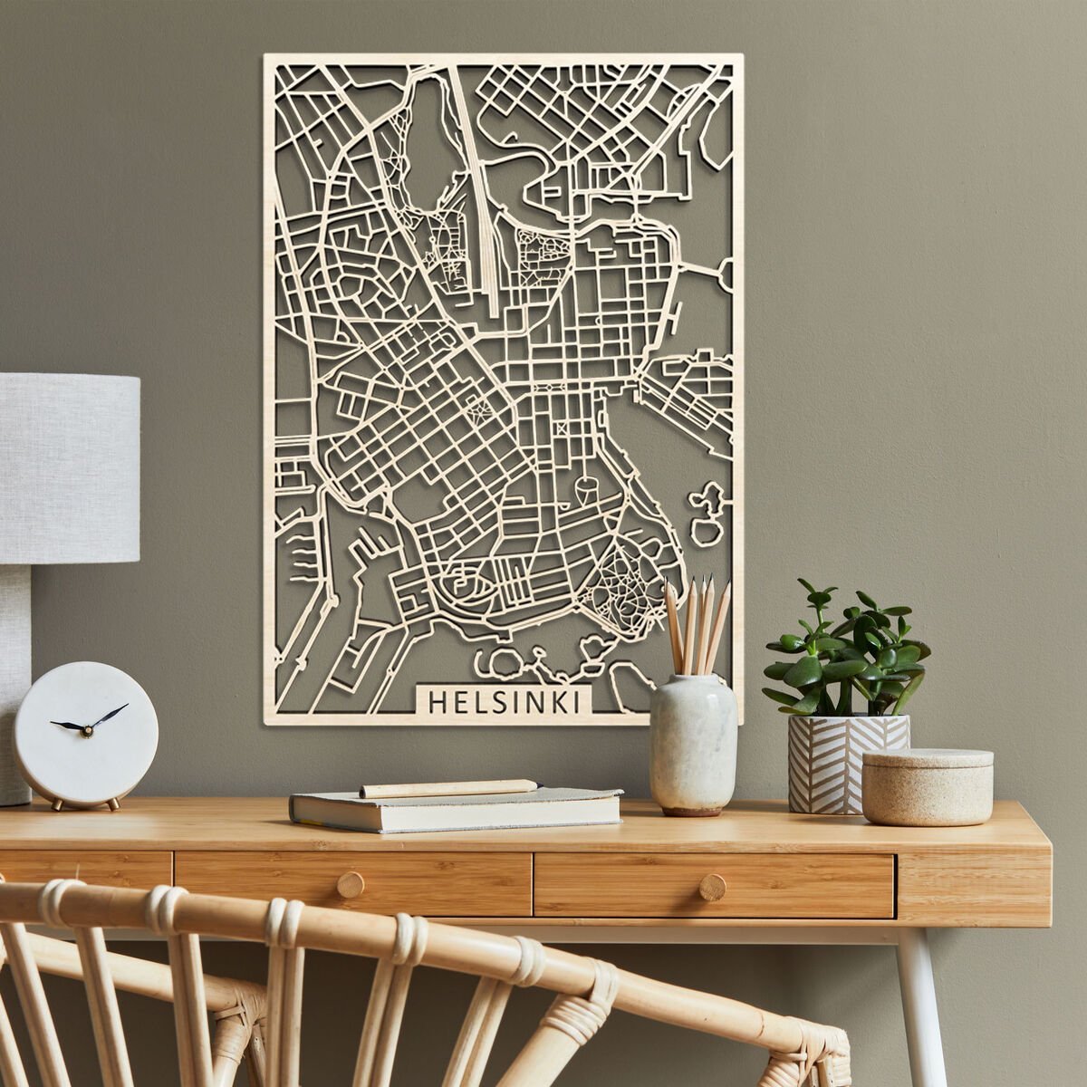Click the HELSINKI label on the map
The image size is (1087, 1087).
click(506, 702)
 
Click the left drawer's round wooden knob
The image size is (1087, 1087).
click(351, 885)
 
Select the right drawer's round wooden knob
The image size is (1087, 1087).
click(712, 887)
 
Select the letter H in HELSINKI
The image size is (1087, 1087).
click(436, 702)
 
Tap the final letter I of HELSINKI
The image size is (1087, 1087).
click(579, 702)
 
